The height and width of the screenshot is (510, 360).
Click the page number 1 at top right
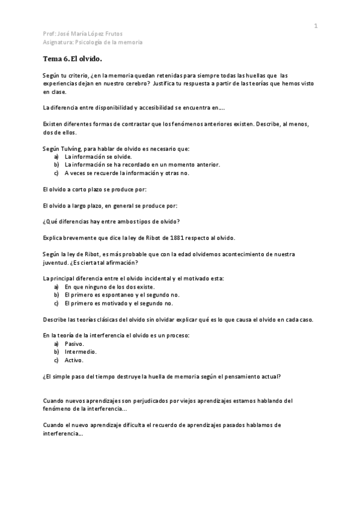[x=315, y=25]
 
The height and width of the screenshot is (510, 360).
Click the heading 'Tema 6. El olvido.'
[x=73, y=59]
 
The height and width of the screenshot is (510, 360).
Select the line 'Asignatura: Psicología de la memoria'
[x=93, y=42]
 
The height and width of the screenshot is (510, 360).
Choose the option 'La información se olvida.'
[x=97, y=156]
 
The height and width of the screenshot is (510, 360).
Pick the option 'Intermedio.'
[x=81, y=351]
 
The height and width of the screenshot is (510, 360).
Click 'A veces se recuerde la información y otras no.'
[x=127, y=173]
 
